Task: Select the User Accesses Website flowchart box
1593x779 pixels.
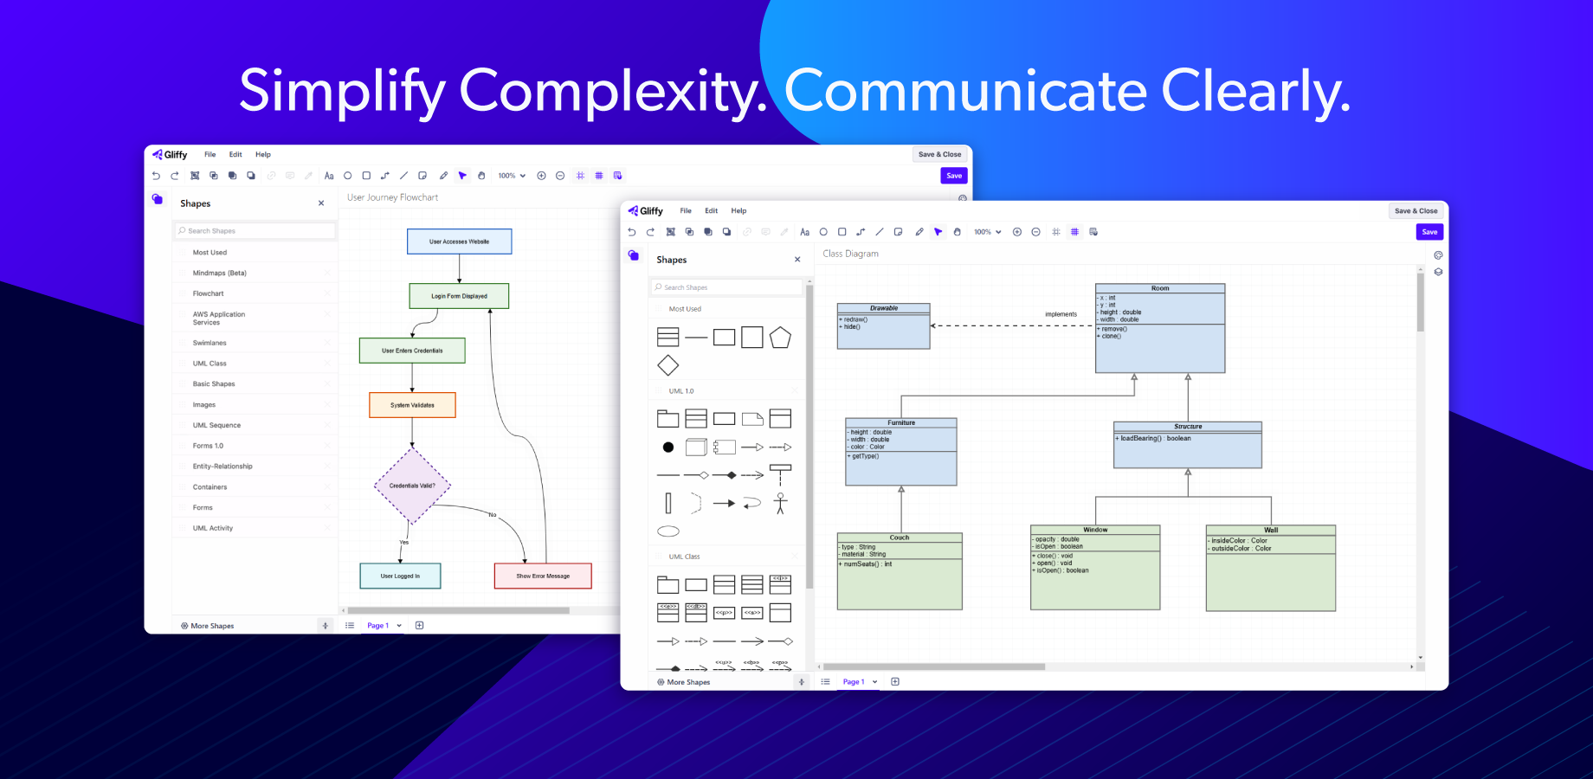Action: [x=459, y=241]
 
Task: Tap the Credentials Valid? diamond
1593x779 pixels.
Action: [x=412, y=486]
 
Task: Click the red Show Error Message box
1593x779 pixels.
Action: [x=543, y=576]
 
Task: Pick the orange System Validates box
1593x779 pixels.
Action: [x=412, y=405]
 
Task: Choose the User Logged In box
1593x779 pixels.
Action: [x=400, y=576]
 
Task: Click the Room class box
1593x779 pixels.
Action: [x=1160, y=329]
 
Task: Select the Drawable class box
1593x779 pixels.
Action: [x=883, y=326]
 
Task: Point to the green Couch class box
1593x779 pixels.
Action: [x=900, y=571]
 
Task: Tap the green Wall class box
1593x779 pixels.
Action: [x=1270, y=568]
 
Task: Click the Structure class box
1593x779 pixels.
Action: [x=1188, y=445]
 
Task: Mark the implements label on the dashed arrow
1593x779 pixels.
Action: [x=1061, y=314]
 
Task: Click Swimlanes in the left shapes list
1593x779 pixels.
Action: [x=210, y=343]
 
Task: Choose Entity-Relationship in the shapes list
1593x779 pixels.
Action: [x=223, y=467]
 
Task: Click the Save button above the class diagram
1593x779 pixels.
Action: [x=1429, y=232]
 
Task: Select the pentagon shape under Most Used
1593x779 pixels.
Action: [x=780, y=338]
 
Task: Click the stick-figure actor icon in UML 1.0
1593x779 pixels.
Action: [x=780, y=503]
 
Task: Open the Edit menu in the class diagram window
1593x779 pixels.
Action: [x=711, y=210]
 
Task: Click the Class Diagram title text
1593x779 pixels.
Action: [x=850, y=254]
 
